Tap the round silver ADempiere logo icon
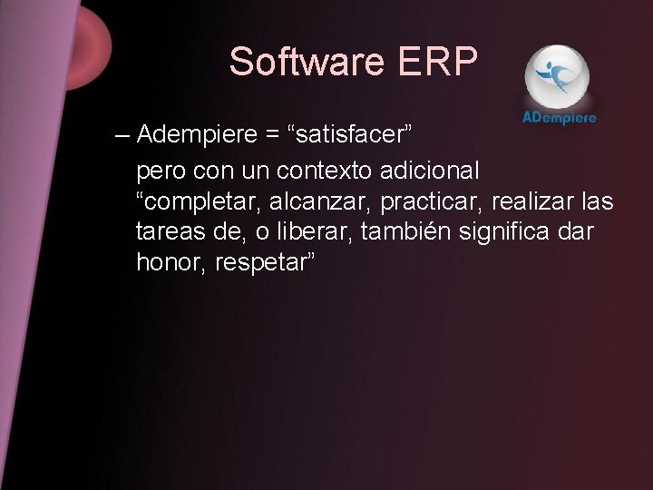pos(557,75)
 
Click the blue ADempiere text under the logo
pos(560,119)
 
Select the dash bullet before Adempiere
pos(122,136)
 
